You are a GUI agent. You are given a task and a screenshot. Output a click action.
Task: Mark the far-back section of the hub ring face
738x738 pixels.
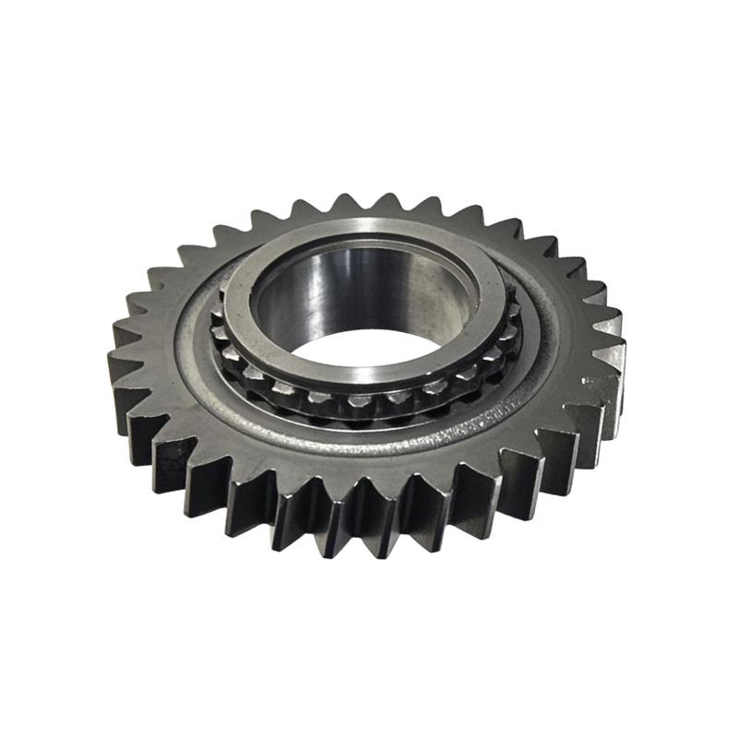click(369, 231)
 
